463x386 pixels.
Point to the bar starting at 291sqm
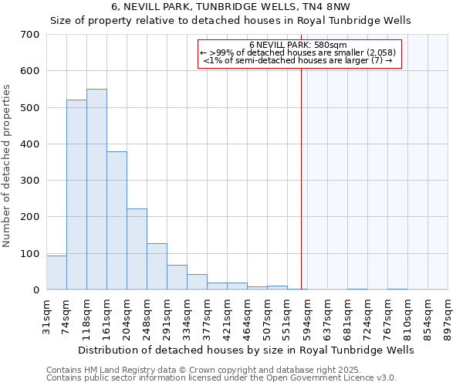(177, 277)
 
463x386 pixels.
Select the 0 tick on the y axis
(35, 290)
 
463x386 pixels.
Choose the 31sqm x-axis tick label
(46, 313)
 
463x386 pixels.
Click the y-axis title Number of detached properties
(7, 167)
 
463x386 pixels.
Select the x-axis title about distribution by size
(246, 350)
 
